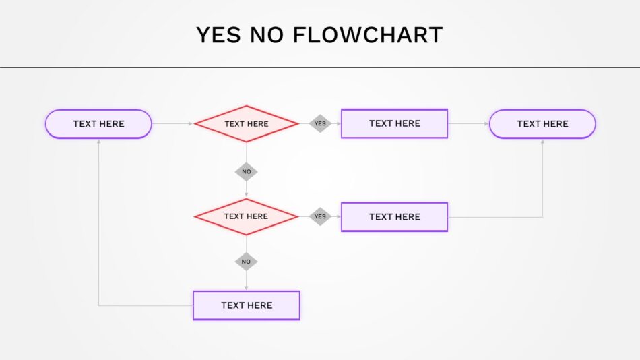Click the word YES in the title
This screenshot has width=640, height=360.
(218, 35)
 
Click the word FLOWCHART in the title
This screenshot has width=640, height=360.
(368, 35)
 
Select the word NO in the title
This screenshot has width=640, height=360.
(267, 35)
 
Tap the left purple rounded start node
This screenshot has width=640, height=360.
(98, 124)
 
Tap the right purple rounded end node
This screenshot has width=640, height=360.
(542, 124)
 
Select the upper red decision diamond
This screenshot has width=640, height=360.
(246, 124)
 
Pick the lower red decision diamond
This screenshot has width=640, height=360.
(246, 216)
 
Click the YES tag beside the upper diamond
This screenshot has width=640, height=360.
(320, 123)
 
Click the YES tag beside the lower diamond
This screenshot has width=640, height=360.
(320, 216)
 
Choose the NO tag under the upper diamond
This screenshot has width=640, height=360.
(246, 172)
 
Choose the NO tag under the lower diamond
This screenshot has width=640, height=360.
(246, 262)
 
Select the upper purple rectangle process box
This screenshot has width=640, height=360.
(394, 123)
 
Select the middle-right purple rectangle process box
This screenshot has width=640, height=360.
(394, 217)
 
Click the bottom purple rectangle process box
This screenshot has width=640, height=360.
(247, 305)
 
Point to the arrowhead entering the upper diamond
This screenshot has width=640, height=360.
(191, 124)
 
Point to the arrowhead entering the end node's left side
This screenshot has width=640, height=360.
(486, 124)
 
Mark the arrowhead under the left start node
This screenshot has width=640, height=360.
(99, 142)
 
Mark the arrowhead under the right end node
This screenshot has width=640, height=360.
(542, 142)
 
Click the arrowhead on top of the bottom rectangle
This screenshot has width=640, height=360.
(246, 288)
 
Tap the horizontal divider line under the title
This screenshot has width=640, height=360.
(320, 68)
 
